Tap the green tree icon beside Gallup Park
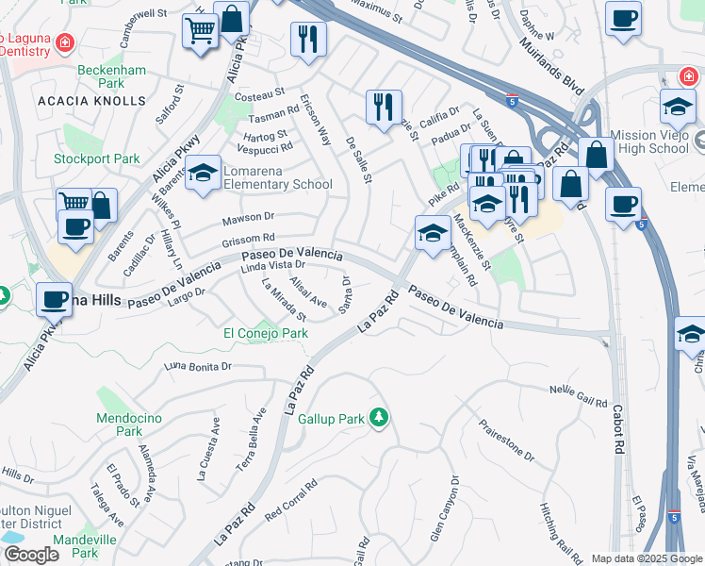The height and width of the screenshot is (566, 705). (378, 417)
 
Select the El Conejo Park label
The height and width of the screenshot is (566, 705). (265, 333)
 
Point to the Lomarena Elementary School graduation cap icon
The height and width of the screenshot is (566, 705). (203, 174)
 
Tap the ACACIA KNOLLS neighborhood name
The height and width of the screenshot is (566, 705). (91, 101)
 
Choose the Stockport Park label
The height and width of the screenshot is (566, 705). (97, 159)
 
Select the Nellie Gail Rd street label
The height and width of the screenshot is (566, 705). (579, 396)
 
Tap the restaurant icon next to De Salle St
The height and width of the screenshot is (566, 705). (384, 107)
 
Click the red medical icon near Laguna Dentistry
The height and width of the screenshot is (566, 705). (64, 42)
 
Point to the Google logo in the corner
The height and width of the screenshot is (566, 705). (31, 555)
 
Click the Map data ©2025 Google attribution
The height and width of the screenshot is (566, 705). (646, 558)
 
